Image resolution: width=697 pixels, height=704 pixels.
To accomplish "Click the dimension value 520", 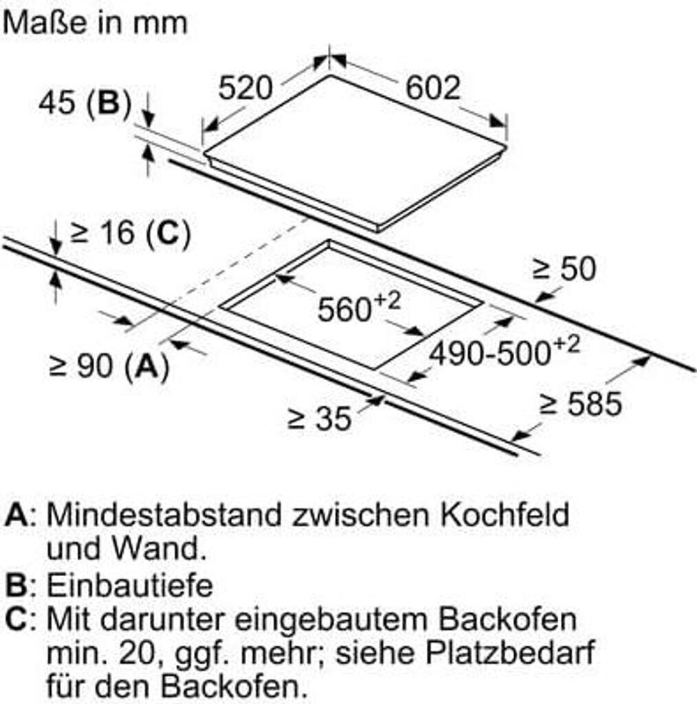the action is coord(245,88).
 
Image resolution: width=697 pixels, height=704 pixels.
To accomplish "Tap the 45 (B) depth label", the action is coord(85,103).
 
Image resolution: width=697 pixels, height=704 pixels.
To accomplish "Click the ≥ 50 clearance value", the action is coord(564,269).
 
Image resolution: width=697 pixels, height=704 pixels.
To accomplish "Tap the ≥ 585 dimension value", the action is coord(581,404).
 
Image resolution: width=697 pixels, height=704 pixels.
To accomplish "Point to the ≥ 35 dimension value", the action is coord(319,419).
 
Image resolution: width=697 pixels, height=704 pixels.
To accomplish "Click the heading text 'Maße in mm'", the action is coord(95,23).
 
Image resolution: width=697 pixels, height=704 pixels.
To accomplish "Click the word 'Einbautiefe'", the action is coord(130,586).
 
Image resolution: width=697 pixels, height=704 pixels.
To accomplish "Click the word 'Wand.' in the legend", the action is coord(159,549).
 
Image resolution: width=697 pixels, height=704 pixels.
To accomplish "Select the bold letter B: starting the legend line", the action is coord(17,586).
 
